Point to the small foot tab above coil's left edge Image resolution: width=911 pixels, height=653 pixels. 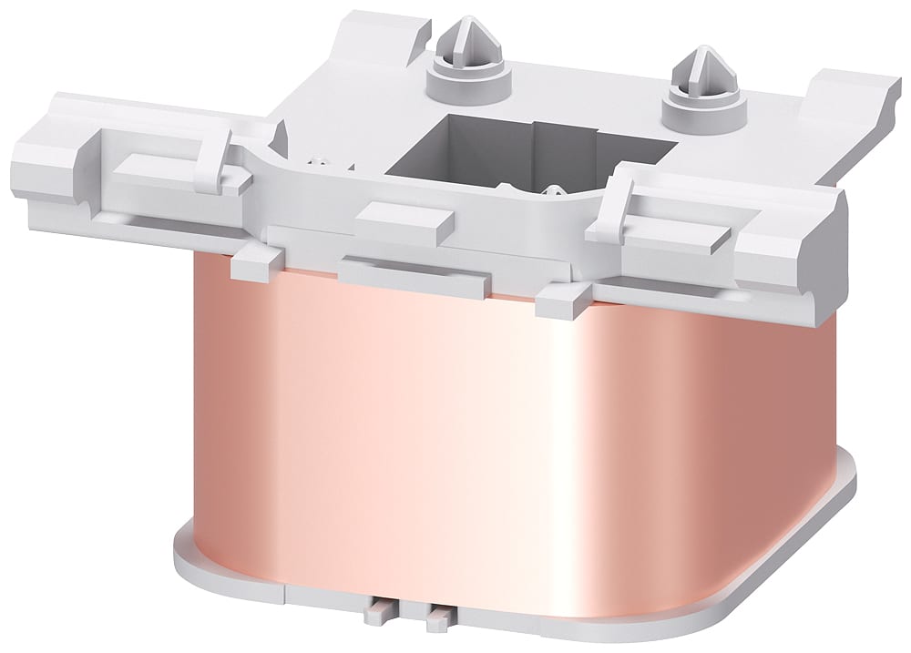pyautogui.click(x=248, y=266)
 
